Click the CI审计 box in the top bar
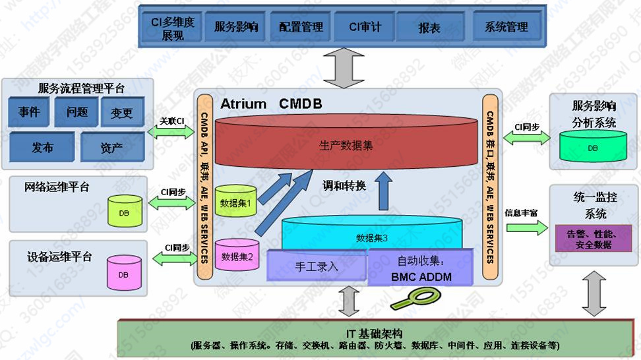(365, 27)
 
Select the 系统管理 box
(506, 27)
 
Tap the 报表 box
(429, 28)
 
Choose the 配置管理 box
(301, 27)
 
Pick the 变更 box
(122, 113)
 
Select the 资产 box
(111, 147)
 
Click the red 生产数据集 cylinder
(346, 145)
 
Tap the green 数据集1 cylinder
(235, 202)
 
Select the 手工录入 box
(315, 266)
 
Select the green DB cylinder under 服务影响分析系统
(592, 147)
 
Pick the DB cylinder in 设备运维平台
(123, 273)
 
